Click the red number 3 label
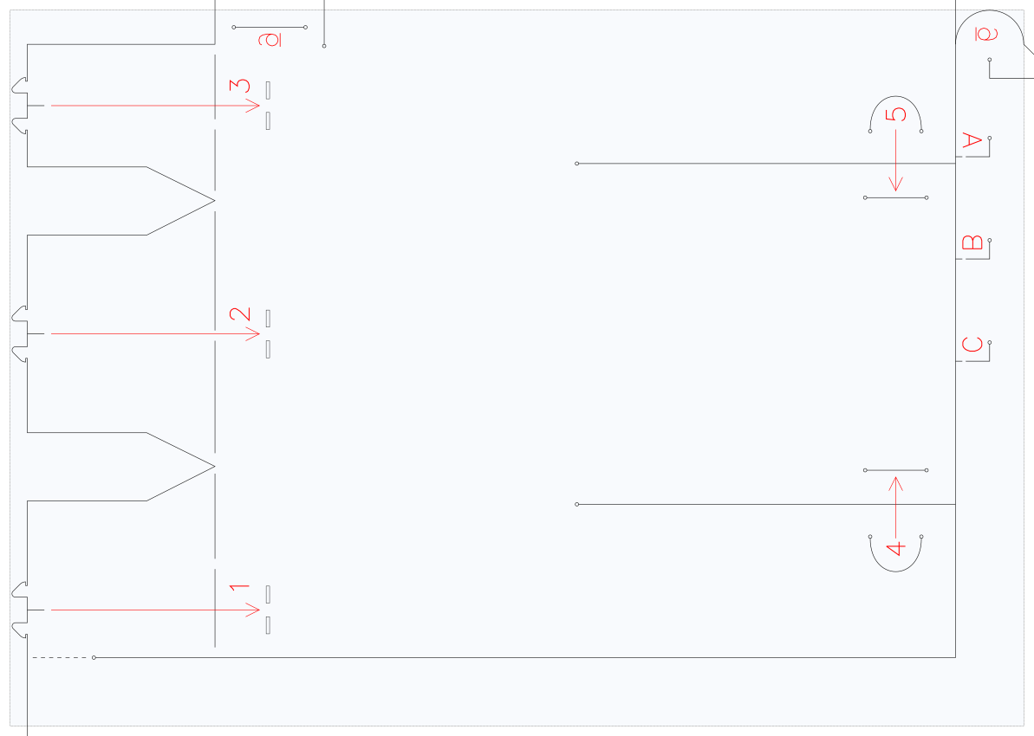click(x=240, y=87)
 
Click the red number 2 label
click(x=240, y=314)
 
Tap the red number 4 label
click(x=894, y=548)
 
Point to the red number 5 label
click(x=895, y=114)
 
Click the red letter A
click(x=972, y=140)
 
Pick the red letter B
click(x=972, y=242)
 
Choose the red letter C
click(x=972, y=345)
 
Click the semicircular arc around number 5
click(x=895, y=96)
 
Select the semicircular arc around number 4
click(x=895, y=571)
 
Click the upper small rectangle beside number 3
click(x=268, y=89)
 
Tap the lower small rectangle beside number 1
click(x=268, y=625)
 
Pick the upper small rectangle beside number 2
click(x=268, y=319)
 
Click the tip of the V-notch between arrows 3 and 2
click(x=215, y=200)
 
